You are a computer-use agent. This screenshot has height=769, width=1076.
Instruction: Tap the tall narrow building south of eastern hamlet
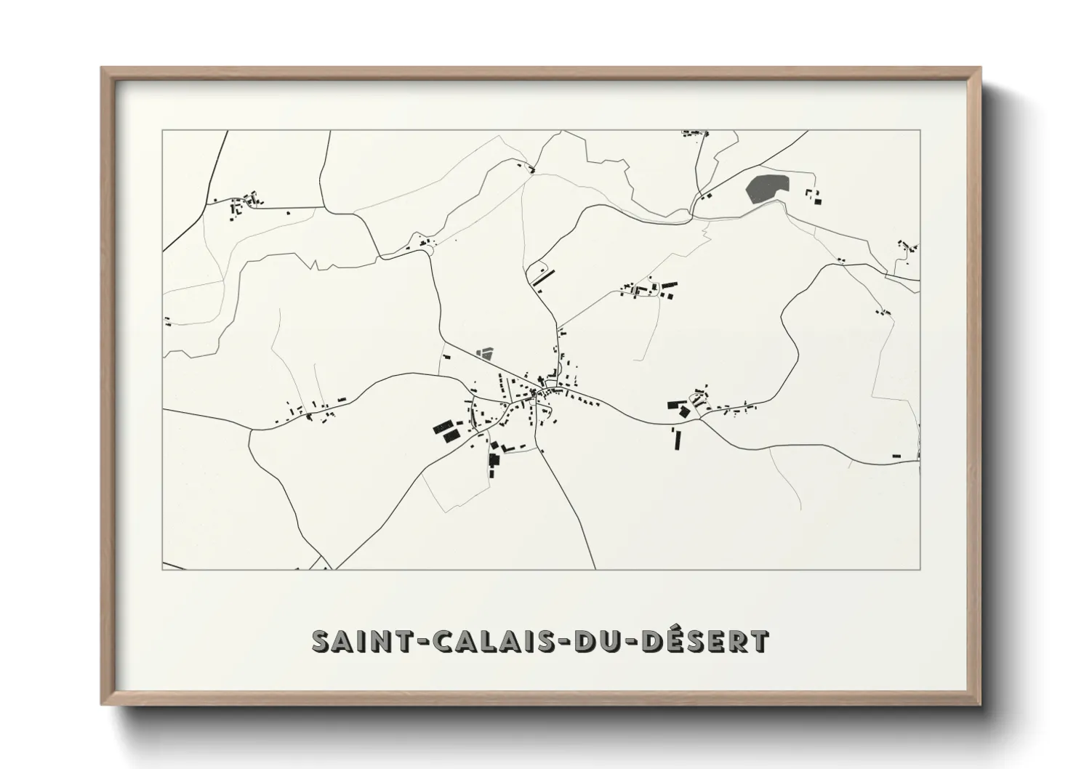tap(678, 438)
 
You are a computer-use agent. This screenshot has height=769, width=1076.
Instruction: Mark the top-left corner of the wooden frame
tap(102, 68)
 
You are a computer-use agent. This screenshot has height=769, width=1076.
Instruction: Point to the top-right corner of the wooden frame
tap(980, 68)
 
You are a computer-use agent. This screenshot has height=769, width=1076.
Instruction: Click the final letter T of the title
tap(760, 641)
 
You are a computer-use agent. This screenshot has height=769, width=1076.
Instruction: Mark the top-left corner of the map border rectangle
tap(162, 131)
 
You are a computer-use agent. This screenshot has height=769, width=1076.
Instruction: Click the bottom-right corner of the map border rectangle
tap(920, 569)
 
